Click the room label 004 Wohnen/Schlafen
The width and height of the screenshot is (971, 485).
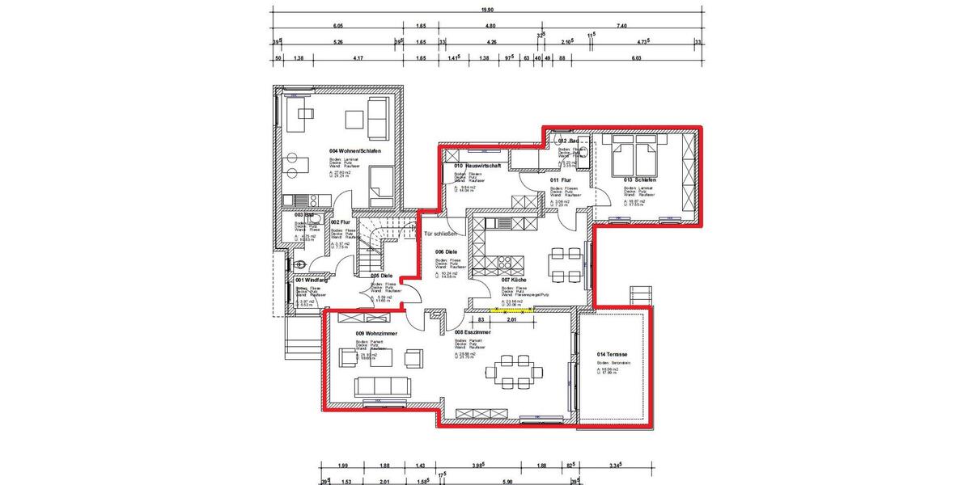pyautogui.click(x=354, y=151)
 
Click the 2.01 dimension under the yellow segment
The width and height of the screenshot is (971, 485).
pyautogui.click(x=511, y=320)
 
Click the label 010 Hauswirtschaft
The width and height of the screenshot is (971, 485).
pyautogui.click(x=478, y=166)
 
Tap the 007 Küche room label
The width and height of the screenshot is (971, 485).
pyautogui.click(x=515, y=280)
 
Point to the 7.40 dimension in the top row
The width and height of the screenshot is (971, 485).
pyautogui.click(x=621, y=27)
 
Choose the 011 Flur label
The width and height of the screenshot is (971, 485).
pyautogui.click(x=560, y=180)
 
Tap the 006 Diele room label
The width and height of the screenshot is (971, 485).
pyautogui.click(x=446, y=251)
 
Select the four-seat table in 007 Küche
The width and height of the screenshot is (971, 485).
pyautogui.click(x=564, y=260)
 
